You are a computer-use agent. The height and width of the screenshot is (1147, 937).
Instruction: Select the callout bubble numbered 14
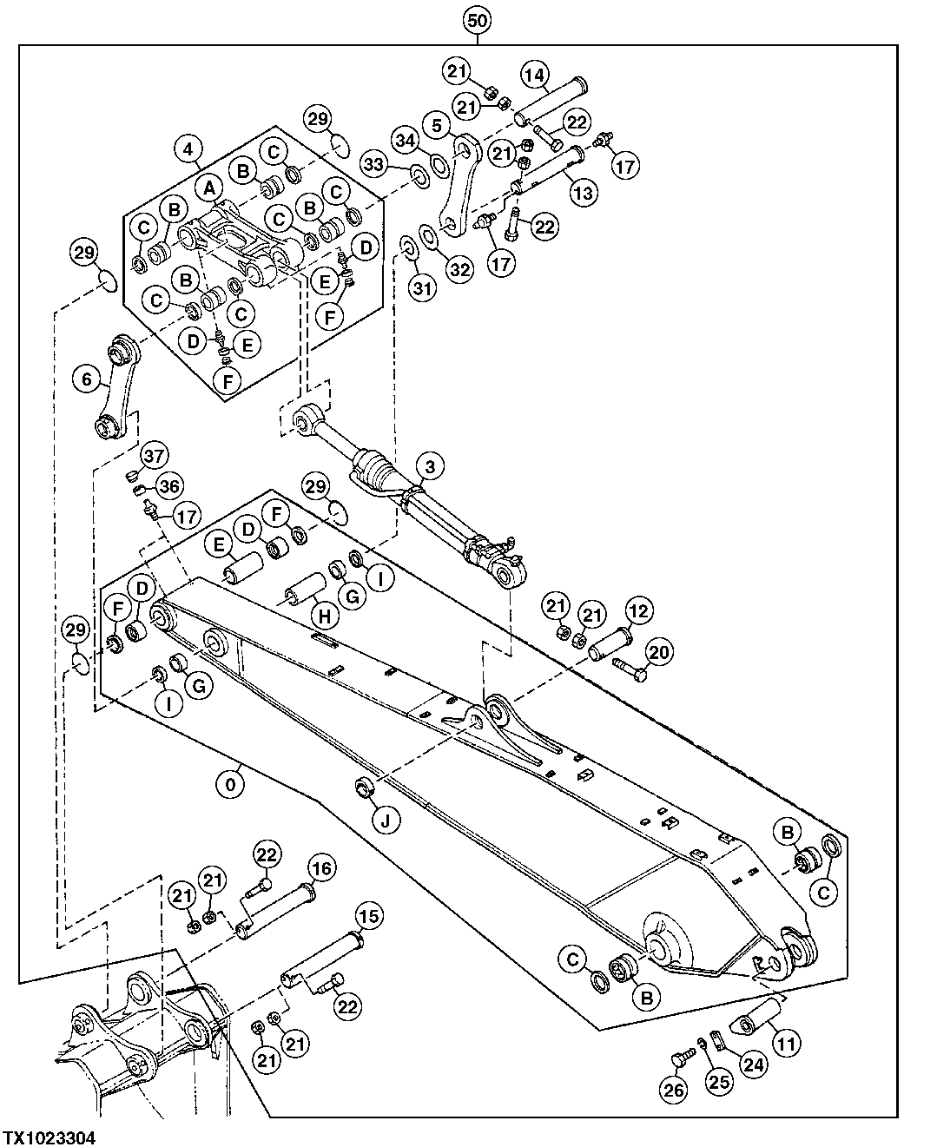pos(535,76)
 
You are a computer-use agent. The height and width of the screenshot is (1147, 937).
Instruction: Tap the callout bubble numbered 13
pos(584,192)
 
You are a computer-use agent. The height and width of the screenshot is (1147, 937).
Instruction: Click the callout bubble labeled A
pos(208,185)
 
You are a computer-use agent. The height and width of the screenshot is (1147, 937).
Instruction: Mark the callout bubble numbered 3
pos(430,467)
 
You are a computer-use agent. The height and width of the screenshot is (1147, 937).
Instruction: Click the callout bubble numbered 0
pos(230,784)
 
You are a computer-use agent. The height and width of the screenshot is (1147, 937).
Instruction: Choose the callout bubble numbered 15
pos(369,916)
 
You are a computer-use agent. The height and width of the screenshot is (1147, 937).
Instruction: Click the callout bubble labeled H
pos(324,616)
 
